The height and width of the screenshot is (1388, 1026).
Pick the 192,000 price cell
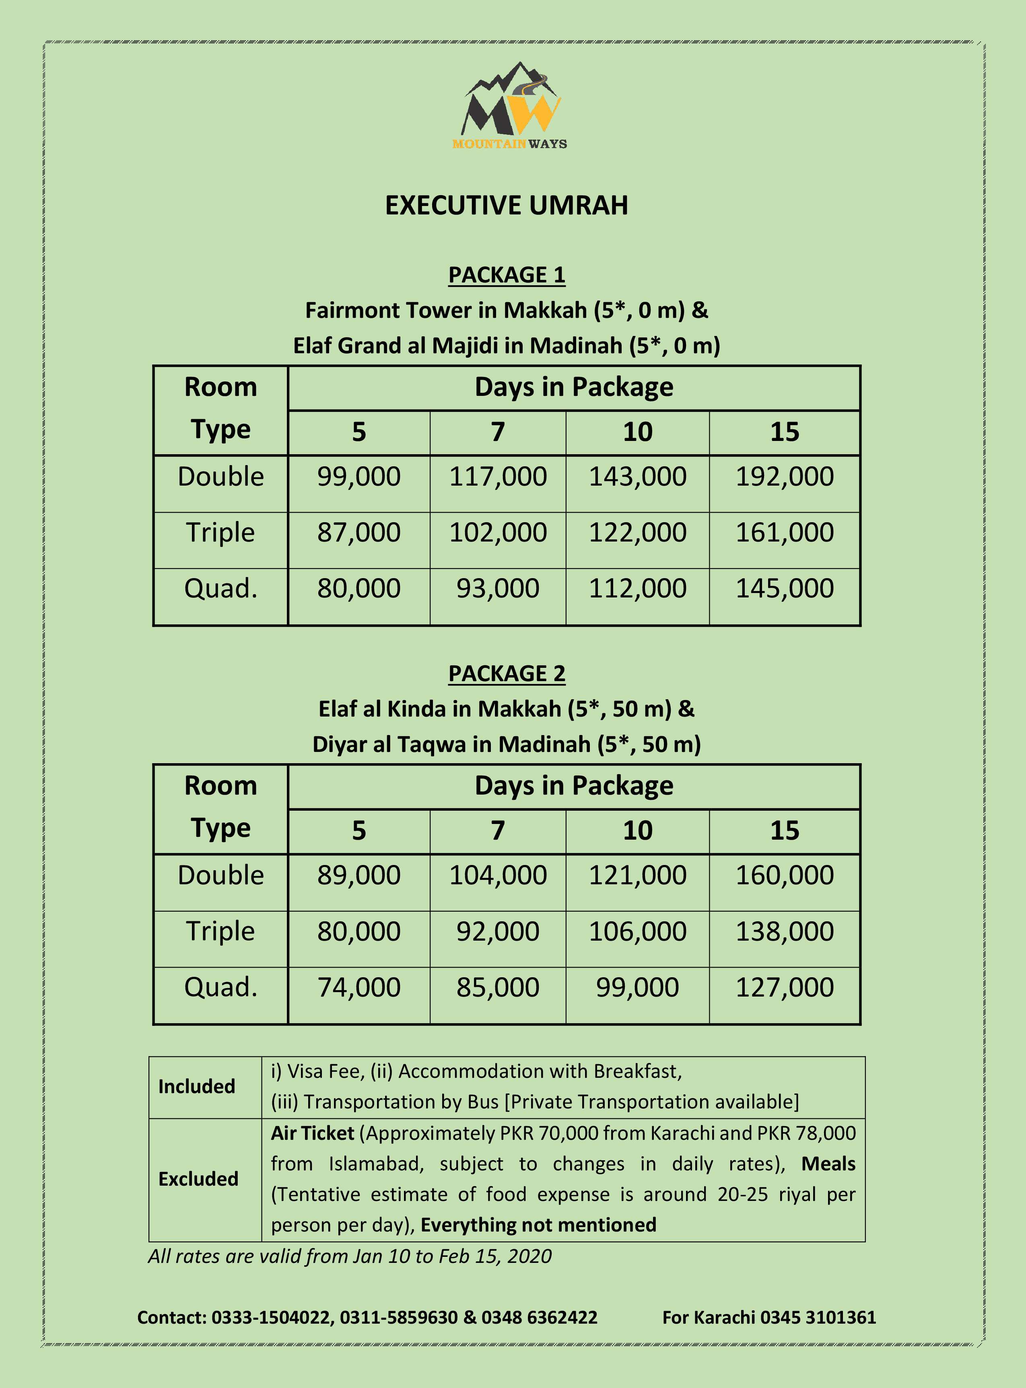pos(785,477)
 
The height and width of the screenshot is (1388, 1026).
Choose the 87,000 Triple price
pos(359,533)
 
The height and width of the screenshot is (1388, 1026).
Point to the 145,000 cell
pos(785,589)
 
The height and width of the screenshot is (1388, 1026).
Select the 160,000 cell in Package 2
pos(785,876)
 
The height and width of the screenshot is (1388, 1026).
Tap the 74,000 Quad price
pos(359,987)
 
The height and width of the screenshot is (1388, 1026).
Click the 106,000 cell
pos(637,931)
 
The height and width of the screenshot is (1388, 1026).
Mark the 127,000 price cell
pos(785,987)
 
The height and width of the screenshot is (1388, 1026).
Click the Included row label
pos(196,1086)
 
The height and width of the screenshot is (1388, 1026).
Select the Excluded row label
pos(198,1179)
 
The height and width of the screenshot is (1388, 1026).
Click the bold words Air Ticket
pos(312,1133)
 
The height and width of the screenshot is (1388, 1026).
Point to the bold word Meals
pos(828,1164)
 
